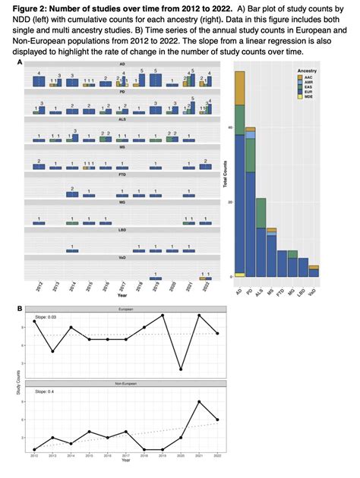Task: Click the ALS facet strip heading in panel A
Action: tap(122, 119)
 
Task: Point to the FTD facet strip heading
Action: tap(122, 174)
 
